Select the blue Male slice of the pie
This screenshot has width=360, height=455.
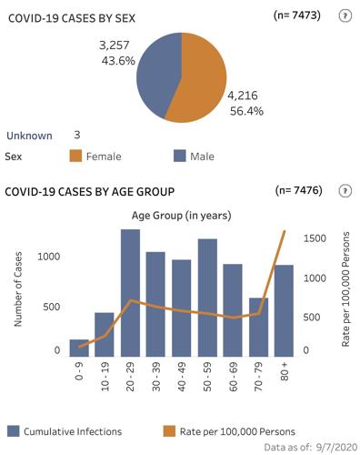point(155,68)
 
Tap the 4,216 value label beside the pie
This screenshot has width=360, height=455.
point(243,95)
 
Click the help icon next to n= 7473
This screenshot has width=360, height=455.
point(345,16)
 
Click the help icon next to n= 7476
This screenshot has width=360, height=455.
point(345,191)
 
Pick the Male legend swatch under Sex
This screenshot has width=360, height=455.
point(179,157)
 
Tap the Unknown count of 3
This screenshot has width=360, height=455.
point(77,135)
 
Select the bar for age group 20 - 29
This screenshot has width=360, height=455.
point(130,291)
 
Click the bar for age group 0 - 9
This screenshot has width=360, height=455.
point(79,347)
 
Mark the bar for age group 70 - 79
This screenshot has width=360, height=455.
point(258,326)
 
